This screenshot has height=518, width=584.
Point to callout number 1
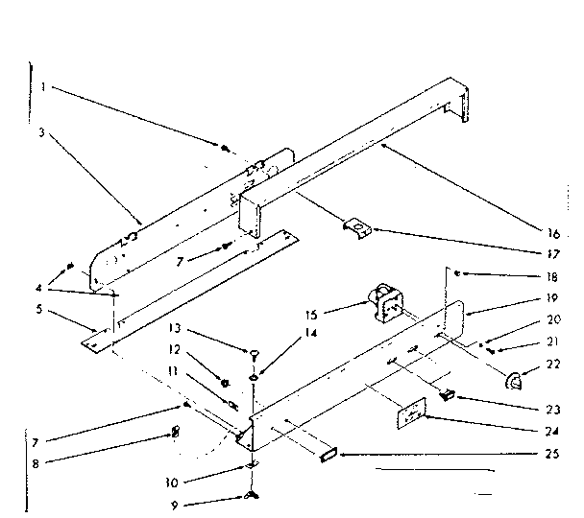point(43,87)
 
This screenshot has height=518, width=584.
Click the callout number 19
point(552,297)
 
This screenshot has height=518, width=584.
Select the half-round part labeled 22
point(513,382)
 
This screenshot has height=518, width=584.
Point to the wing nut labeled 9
point(251,494)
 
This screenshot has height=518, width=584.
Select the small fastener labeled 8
point(175,433)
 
